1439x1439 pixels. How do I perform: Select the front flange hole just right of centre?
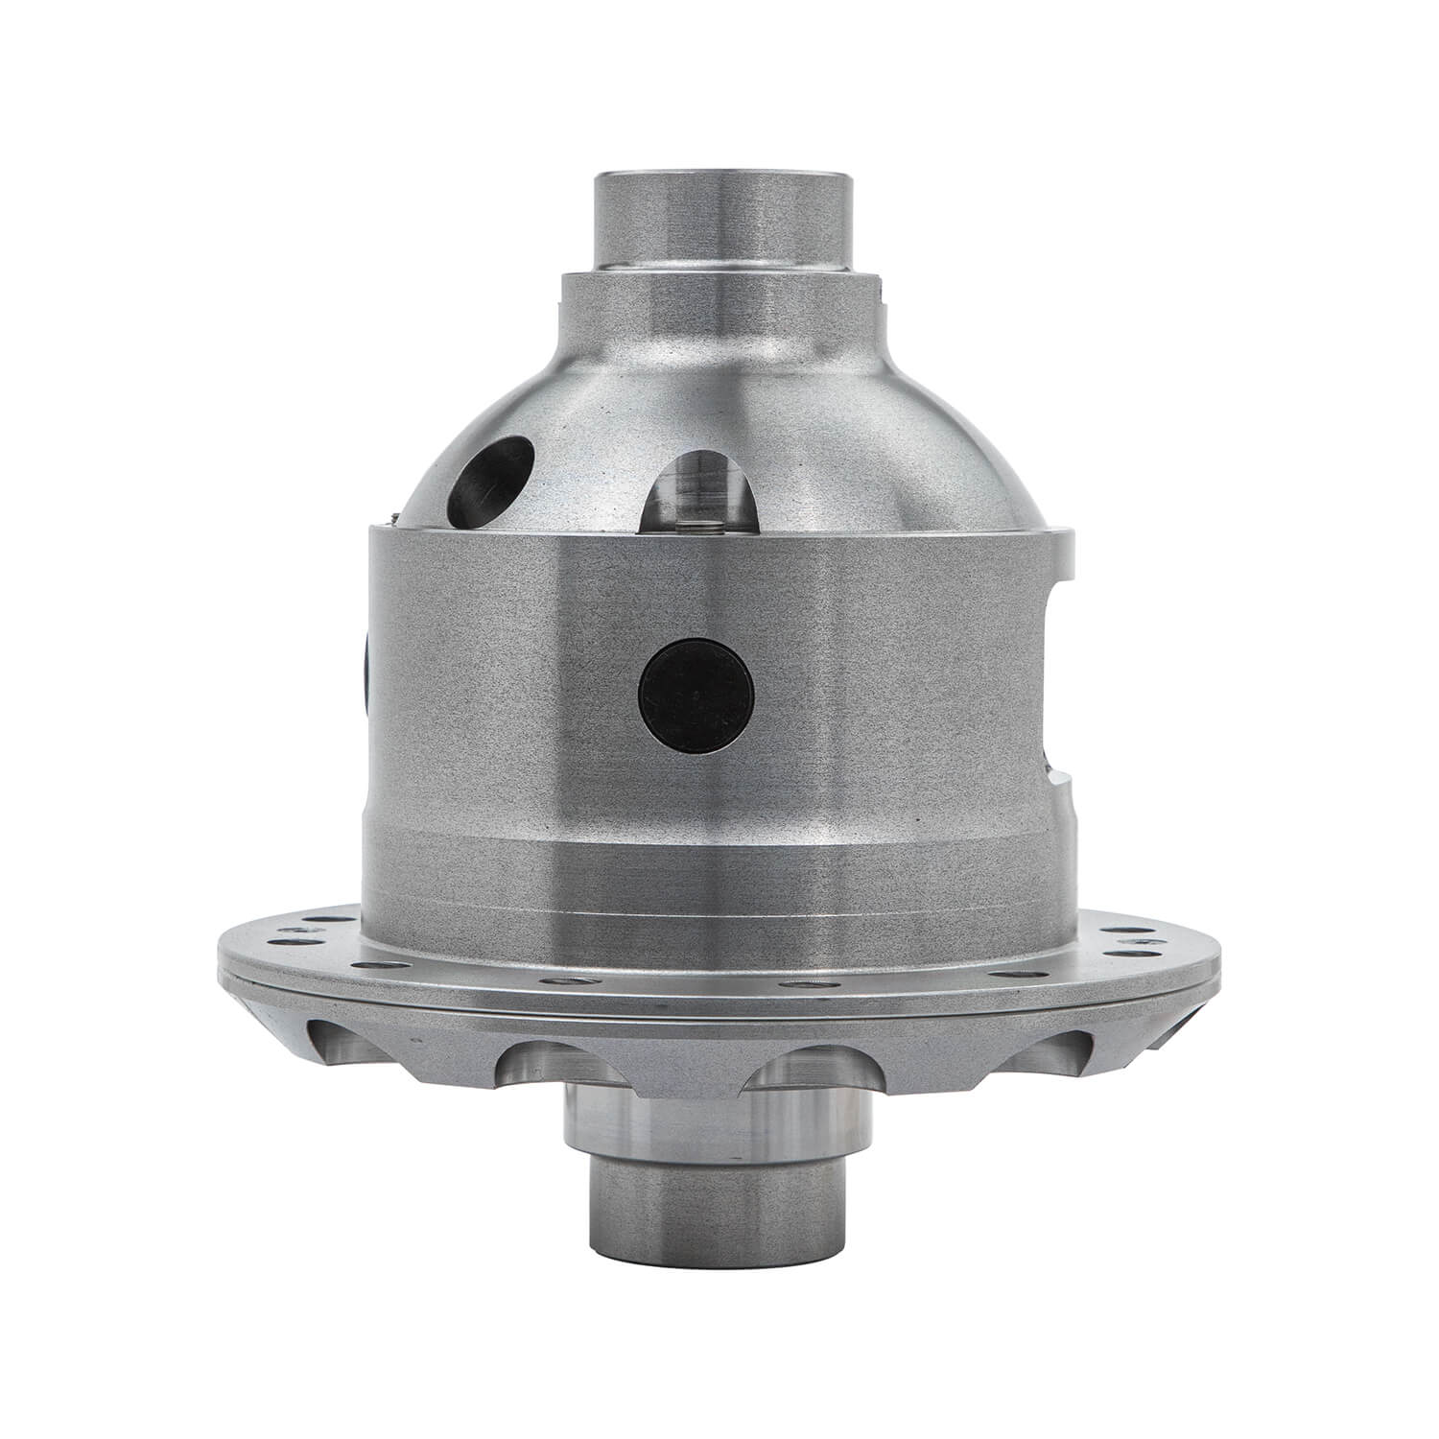pos(801,984)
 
